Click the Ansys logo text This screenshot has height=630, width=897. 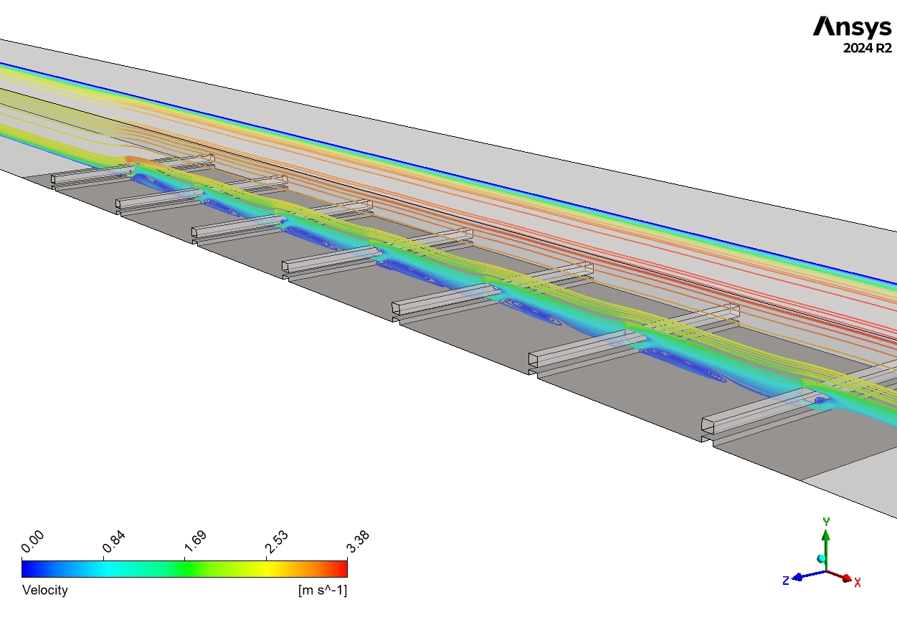853,27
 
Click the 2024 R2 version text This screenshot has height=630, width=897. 868,48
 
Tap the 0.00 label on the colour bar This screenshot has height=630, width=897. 32,542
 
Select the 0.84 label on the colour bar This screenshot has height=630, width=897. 114,542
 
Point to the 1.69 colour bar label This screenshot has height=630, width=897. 196,542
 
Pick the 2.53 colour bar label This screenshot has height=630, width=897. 277,542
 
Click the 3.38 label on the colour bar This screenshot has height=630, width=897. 358,542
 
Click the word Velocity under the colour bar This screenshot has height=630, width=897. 45,590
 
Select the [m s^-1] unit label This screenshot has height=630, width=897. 323,590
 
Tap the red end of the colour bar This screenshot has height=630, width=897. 343,569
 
